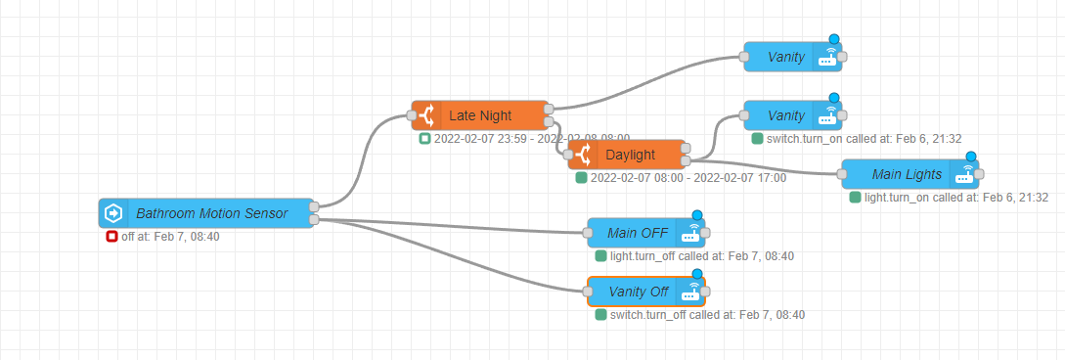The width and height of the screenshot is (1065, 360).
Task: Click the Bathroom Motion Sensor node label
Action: tap(211, 212)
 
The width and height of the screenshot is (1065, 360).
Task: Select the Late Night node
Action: tap(480, 115)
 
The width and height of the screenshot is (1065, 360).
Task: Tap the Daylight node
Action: tap(630, 155)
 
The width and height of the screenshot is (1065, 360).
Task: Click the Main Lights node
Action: tap(907, 174)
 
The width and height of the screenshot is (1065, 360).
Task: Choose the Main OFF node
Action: tap(637, 233)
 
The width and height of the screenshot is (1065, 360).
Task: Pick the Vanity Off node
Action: tap(638, 292)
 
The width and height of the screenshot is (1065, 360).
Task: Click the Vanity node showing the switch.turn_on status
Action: tap(785, 115)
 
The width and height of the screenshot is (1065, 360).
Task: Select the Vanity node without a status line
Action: tap(785, 57)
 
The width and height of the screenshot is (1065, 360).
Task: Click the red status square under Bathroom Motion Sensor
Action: tap(111, 237)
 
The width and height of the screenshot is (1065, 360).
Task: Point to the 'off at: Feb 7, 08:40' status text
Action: tap(170, 237)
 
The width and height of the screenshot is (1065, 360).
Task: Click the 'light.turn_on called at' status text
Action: tap(956, 198)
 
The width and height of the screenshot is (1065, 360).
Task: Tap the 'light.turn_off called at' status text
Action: tap(701, 256)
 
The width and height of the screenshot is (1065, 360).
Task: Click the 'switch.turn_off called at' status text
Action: tap(707, 315)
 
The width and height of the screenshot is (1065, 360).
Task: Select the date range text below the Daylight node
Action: tap(688, 178)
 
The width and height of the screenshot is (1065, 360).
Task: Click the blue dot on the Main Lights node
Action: tap(971, 157)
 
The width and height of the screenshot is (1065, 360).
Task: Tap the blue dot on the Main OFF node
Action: tap(697, 215)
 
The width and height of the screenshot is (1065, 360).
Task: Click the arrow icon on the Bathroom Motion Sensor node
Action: tap(113, 212)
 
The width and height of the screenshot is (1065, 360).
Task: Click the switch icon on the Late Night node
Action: tap(426, 115)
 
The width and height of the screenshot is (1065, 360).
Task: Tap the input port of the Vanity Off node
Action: tap(588, 292)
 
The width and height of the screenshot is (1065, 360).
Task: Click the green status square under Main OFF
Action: tap(600, 256)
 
